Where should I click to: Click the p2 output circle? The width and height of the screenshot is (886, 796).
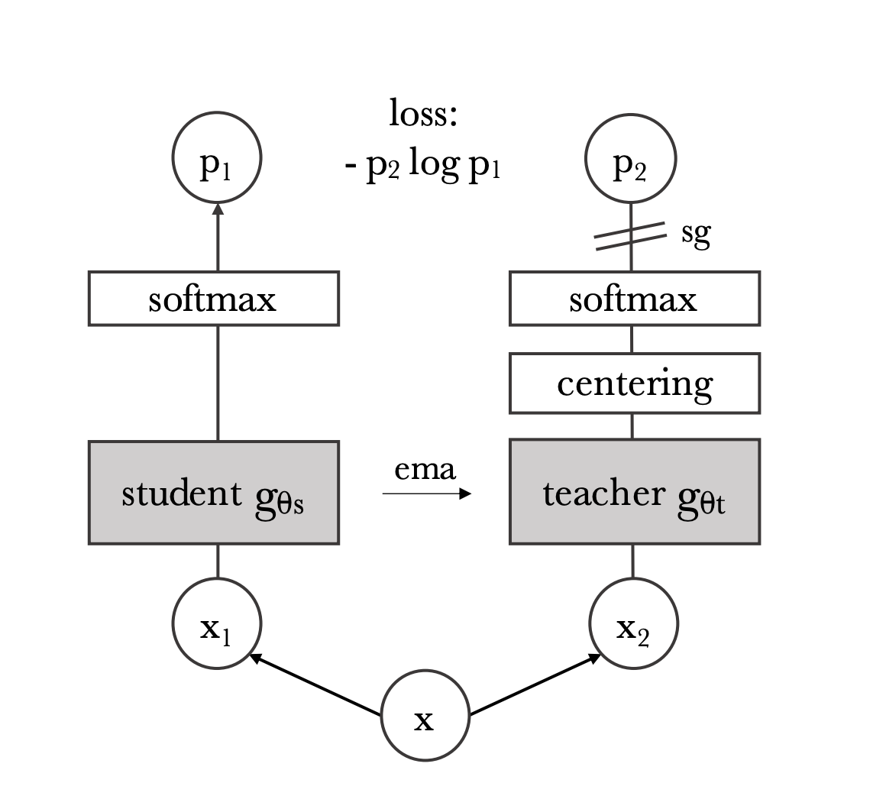tap(630, 161)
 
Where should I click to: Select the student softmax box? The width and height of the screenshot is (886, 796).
tap(214, 298)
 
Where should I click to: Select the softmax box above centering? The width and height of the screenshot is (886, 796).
tap(634, 298)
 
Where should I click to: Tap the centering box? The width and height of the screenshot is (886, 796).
tap(634, 383)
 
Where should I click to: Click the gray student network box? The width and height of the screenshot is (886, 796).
tap(214, 493)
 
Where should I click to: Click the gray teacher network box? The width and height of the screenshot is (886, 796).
tap(634, 492)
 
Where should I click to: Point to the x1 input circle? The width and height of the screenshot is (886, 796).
tap(217, 624)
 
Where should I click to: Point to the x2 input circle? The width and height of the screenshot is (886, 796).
tap(633, 624)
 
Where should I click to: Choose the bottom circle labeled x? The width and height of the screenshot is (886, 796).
tap(425, 717)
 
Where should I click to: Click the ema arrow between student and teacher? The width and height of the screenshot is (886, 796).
tap(427, 494)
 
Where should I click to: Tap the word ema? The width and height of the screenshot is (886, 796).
tap(425, 470)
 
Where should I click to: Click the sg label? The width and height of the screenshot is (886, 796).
tap(695, 235)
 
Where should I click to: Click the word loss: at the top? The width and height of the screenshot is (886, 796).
tap(422, 115)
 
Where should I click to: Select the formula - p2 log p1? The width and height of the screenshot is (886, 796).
tap(422, 165)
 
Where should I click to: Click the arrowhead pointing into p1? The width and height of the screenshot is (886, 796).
tap(218, 210)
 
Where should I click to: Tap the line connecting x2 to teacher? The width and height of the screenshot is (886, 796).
tap(632, 561)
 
